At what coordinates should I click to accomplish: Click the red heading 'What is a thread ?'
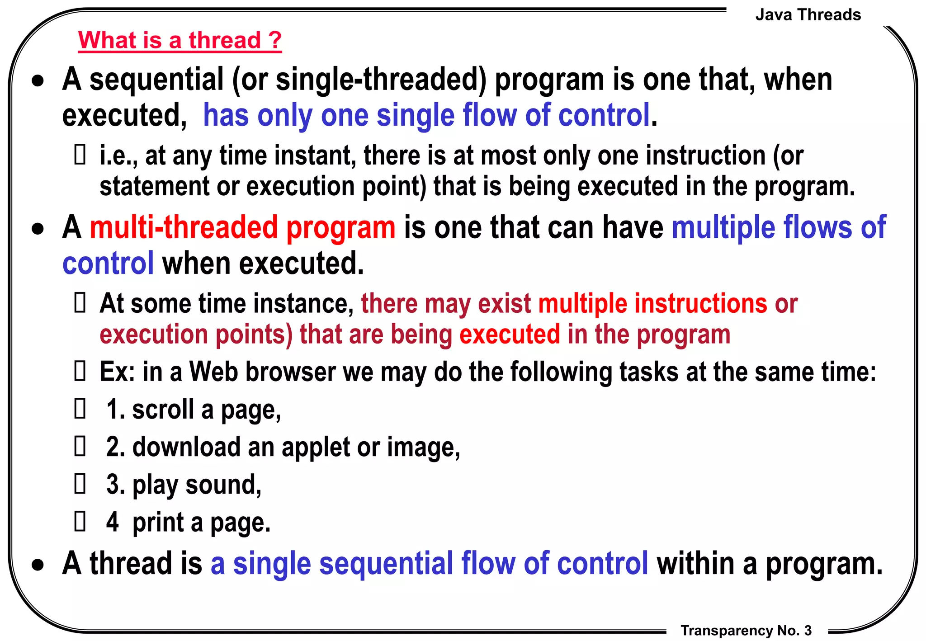tap(180, 41)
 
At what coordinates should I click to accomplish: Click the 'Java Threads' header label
tap(808, 15)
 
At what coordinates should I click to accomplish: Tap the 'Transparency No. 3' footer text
tap(746, 630)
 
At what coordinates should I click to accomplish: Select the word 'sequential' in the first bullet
tap(156, 80)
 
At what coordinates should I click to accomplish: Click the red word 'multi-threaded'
tap(184, 227)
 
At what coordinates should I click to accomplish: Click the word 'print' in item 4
tap(158, 523)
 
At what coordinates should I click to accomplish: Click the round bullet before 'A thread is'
tap(38, 565)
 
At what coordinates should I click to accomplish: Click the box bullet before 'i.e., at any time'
tap(80, 155)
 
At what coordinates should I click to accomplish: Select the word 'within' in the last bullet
tap(695, 564)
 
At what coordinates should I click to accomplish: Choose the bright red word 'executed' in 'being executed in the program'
tap(510, 335)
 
